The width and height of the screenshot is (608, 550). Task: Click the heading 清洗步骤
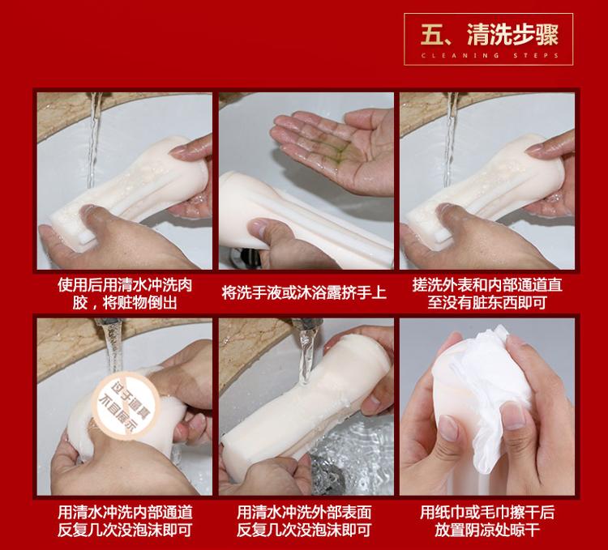(512, 35)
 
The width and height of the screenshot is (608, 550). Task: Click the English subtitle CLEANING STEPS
(490, 55)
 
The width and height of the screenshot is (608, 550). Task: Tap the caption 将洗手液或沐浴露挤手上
(304, 292)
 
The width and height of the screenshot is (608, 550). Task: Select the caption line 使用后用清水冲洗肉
(125, 285)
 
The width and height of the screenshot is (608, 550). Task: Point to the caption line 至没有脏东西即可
(487, 302)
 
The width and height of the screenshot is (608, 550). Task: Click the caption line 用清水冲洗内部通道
(125, 513)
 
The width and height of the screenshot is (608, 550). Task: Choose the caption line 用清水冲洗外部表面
(304, 513)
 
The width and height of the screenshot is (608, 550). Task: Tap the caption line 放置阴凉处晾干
(487, 530)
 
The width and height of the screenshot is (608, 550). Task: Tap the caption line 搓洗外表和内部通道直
(487, 285)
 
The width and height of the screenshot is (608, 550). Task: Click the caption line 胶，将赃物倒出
(125, 302)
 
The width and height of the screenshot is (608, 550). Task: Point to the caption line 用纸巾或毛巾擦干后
(487, 513)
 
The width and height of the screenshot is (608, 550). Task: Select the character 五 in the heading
(432, 35)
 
